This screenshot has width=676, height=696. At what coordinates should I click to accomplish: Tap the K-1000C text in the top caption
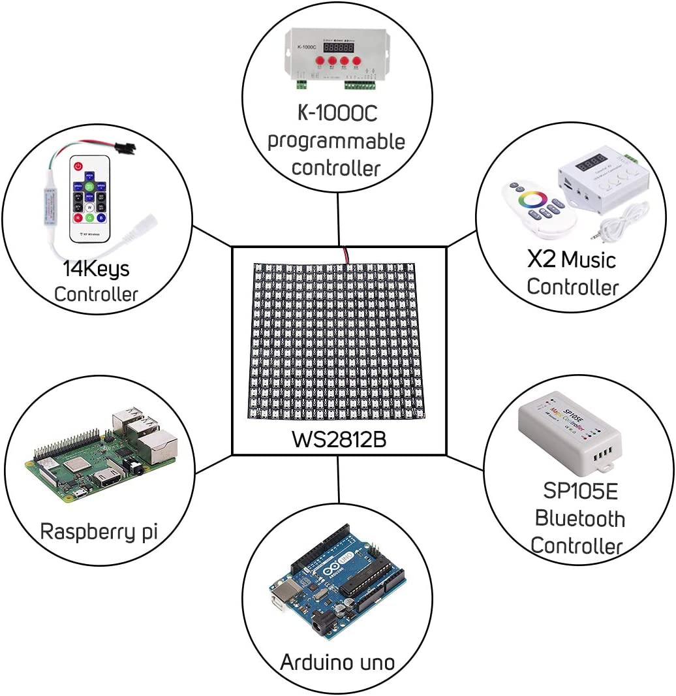pos(337,113)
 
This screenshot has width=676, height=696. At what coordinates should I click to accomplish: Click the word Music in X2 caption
pos(589,260)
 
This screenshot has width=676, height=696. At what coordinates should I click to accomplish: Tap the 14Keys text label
pos(96,268)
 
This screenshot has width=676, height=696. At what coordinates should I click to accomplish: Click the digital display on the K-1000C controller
pos(339,48)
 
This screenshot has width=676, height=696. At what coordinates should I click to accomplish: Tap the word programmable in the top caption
pos(337,140)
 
